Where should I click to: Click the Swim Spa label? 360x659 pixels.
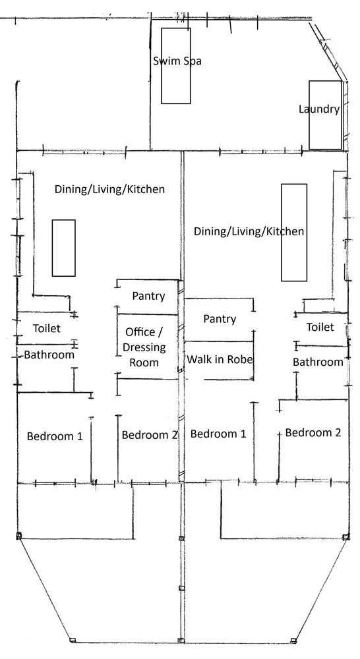click(x=177, y=61)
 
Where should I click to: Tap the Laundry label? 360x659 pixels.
click(x=318, y=109)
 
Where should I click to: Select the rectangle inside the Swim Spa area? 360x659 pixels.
click(x=176, y=86)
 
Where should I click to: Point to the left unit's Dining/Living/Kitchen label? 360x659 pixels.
click(x=109, y=189)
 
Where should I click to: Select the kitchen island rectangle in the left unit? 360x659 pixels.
click(x=64, y=248)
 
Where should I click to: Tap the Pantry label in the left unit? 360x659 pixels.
click(x=148, y=296)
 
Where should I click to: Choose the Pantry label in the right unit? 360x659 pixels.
click(x=220, y=319)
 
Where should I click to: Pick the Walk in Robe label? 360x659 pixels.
click(x=220, y=359)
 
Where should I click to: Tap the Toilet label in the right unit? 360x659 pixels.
click(x=320, y=327)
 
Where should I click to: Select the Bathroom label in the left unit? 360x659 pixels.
click(x=49, y=355)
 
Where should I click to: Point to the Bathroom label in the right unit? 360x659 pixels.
click(x=318, y=362)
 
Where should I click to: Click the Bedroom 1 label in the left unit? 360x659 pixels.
click(x=55, y=436)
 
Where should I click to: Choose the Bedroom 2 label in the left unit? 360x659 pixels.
click(x=150, y=435)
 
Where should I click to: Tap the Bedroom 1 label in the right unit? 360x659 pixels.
click(x=218, y=434)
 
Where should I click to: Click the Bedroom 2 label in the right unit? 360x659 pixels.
click(x=313, y=433)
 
